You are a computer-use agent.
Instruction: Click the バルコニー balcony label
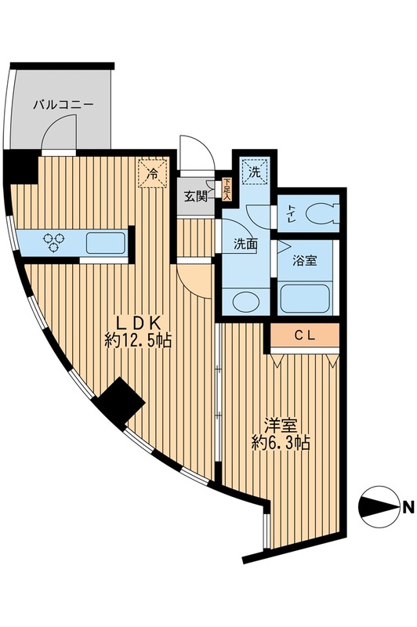pos(63,103)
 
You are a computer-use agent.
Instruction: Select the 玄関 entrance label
pos(196,196)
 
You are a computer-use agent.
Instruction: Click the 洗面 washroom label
pos(245,244)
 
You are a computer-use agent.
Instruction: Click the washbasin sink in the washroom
pos(245,300)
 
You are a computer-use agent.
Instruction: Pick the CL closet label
pos(305,335)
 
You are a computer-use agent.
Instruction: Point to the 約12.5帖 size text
pos(138,341)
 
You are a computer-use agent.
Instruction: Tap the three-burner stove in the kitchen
pos(54,242)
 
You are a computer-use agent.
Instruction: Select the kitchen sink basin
pos(104,242)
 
